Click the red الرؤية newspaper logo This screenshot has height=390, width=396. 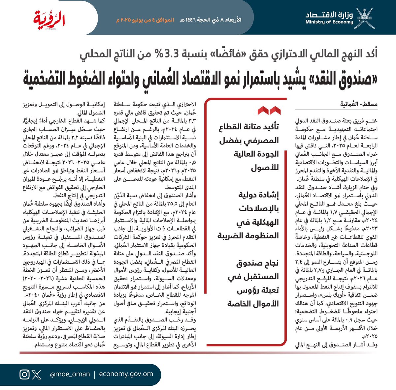click(49, 19)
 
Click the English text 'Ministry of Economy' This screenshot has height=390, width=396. click(329, 22)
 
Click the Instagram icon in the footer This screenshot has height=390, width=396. click(25, 374)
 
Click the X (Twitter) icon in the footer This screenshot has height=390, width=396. click(37, 374)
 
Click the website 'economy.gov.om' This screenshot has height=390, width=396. click(126, 374)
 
